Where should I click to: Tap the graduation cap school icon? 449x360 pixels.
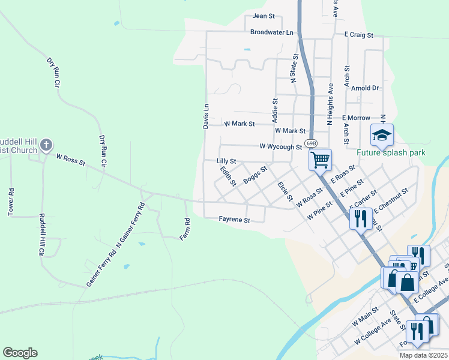381,135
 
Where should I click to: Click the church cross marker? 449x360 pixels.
46,145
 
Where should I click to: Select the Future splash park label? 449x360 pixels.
391,152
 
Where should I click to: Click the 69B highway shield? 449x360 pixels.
310,144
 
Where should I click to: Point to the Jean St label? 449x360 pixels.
264,16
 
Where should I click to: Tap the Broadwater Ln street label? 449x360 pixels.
272,32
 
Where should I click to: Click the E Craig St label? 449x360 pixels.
359,35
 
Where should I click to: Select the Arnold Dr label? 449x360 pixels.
366,88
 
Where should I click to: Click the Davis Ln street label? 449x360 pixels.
205,115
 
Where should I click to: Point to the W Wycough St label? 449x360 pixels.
280,146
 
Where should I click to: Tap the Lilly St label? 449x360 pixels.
226,161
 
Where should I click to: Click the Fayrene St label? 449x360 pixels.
234,220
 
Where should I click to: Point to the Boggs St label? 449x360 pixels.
255,176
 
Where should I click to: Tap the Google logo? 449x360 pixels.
20,353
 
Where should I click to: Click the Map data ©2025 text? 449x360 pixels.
423,355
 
